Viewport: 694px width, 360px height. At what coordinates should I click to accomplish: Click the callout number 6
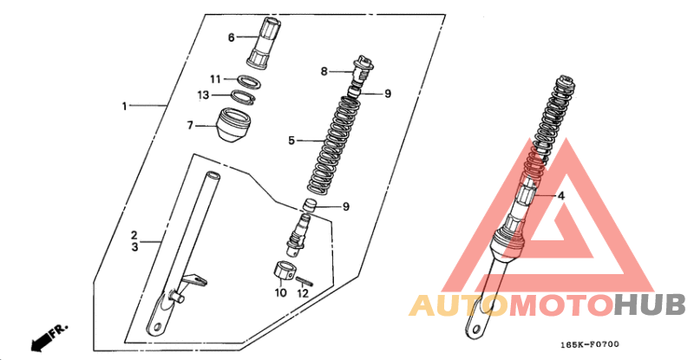pyautogui.click(x=231, y=37)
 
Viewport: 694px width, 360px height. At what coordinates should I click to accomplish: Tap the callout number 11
pyautogui.click(x=215, y=79)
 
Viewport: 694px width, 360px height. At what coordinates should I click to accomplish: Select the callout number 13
pyautogui.click(x=203, y=95)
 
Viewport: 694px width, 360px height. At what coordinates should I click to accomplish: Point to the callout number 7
pyautogui.click(x=190, y=126)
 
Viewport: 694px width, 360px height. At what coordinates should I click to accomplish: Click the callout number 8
pyautogui.click(x=324, y=71)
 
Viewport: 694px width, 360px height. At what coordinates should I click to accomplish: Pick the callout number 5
pyautogui.click(x=291, y=141)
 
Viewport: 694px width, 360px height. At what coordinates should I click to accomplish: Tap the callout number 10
pyautogui.click(x=281, y=292)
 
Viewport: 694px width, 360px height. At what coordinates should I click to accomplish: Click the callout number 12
pyautogui.click(x=303, y=293)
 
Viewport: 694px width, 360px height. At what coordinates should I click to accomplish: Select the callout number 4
pyautogui.click(x=560, y=195)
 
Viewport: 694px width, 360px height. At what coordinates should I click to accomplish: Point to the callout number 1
pyautogui.click(x=124, y=107)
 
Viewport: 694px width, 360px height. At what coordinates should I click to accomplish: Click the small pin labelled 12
pyautogui.click(x=304, y=281)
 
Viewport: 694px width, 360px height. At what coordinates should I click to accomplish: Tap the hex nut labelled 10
pyautogui.click(x=283, y=271)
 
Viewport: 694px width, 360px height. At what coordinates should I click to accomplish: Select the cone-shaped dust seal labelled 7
pyautogui.click(x=234, y=125)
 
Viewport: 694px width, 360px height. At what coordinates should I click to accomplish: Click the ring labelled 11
pyautogui.click(x=247, y=81)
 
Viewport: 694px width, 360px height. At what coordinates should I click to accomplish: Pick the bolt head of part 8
pyautogui.click(x=363, y=62)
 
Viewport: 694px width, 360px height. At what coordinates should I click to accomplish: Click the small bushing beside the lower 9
pyautogui.click(x=311, y=206)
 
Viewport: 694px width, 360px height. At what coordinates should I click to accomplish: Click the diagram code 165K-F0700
pyautogui.click(x=590, y=344)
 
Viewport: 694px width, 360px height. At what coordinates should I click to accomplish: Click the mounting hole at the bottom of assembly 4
pyautogui.click(x=476, y=330)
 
